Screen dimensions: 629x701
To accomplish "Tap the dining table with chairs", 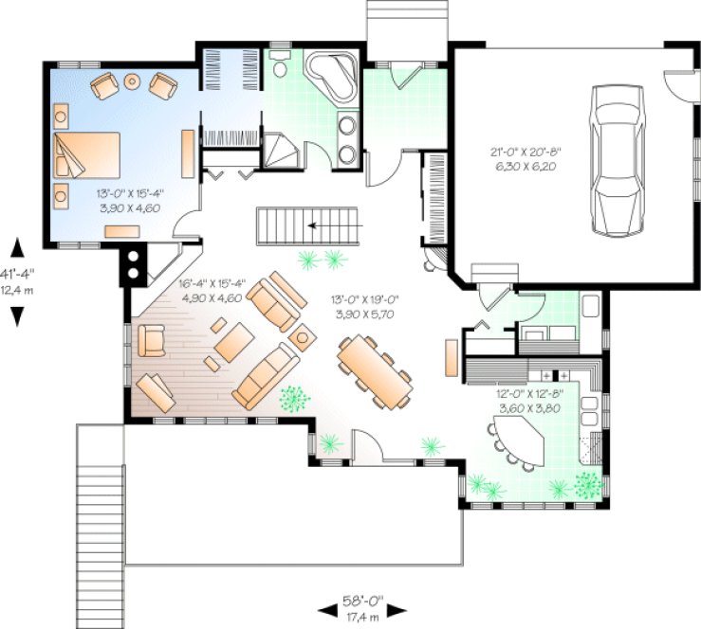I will (x=375, y=371).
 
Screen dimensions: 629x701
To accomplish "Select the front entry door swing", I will (x=365, y=444).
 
